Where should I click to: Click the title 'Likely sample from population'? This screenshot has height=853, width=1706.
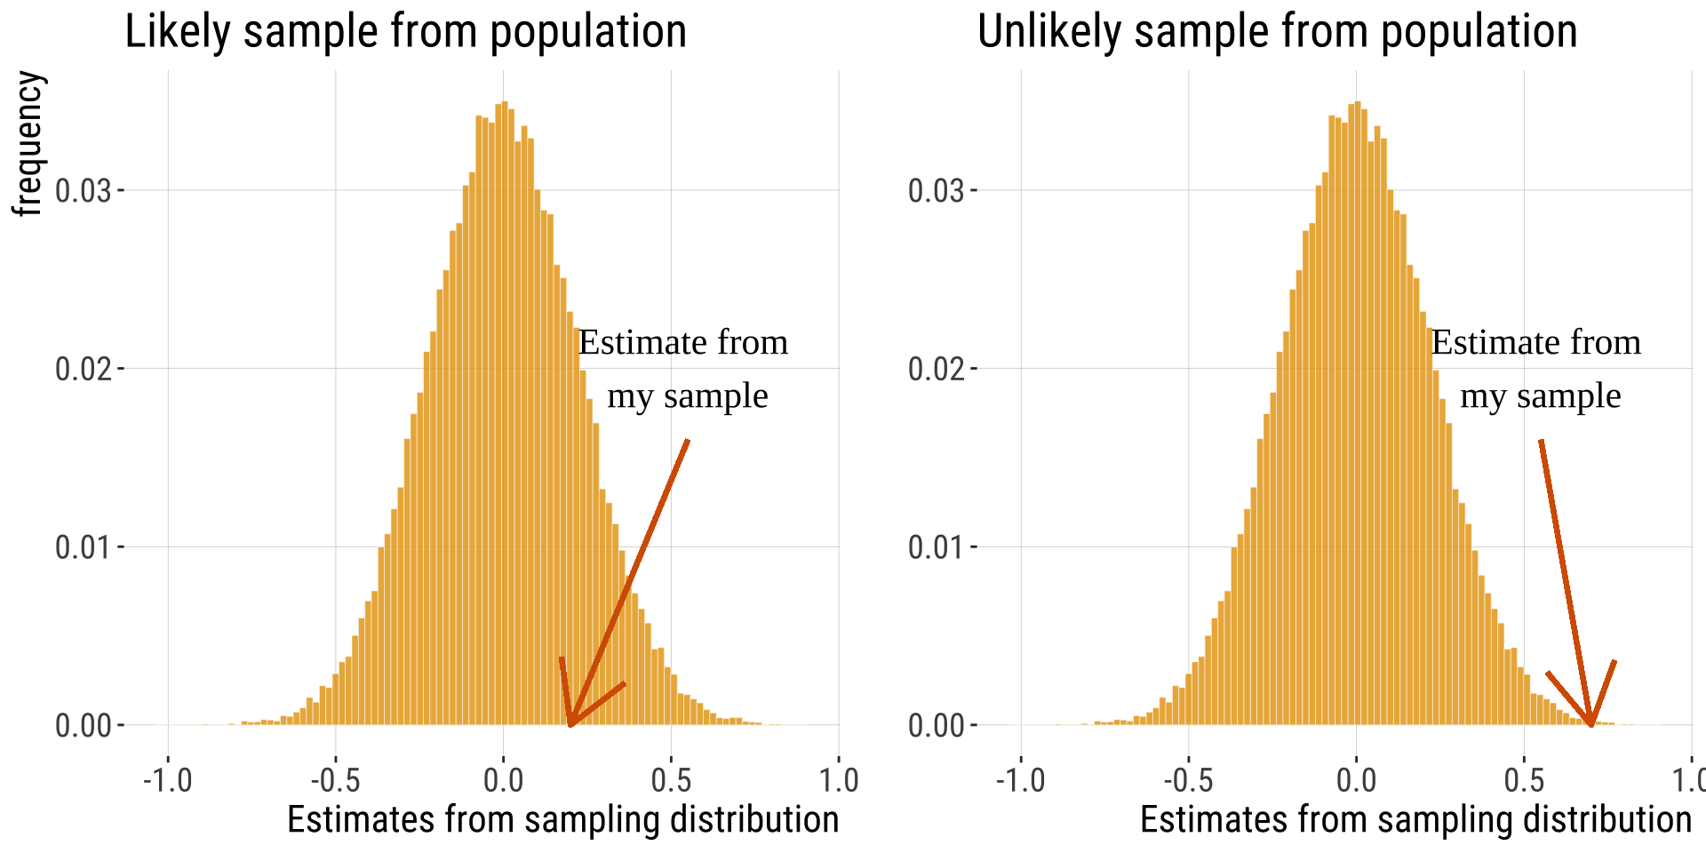click(x=405, y=32)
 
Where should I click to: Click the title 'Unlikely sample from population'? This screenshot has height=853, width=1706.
click(x=1277, y=32)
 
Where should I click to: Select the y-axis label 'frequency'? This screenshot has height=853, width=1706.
click(x=28, y=144)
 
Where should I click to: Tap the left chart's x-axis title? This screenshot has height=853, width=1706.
click(x=562, y=819)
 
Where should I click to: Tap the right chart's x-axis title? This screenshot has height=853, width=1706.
click(x=1415, y=819)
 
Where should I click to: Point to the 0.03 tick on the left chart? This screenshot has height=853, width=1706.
click(x=84, y=191)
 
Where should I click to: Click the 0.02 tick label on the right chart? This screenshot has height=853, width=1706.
click(x=937, y=369)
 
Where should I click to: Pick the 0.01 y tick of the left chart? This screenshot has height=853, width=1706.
click(x=84, y=547)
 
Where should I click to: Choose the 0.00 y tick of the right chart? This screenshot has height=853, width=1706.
click(x=937, y=726)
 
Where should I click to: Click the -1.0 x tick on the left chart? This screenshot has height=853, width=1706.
click(x=168, y=780)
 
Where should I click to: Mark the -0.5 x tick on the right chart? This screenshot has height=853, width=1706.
click(x=1189, y=780)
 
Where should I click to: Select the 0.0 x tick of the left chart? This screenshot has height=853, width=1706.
click(x=503, y=780)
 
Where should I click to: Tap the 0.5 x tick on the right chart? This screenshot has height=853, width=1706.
click(x=1524, y=780)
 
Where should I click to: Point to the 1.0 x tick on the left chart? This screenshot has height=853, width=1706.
click(x=839, y=780)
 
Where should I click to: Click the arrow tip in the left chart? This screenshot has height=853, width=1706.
click(x=570, y=725)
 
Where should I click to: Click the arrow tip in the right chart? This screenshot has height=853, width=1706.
click(x=1591, y=725)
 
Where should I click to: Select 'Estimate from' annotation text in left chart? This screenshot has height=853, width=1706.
click(x=683, y=343)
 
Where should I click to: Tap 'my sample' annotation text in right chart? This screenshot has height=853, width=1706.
click(x=1541, y=396)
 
